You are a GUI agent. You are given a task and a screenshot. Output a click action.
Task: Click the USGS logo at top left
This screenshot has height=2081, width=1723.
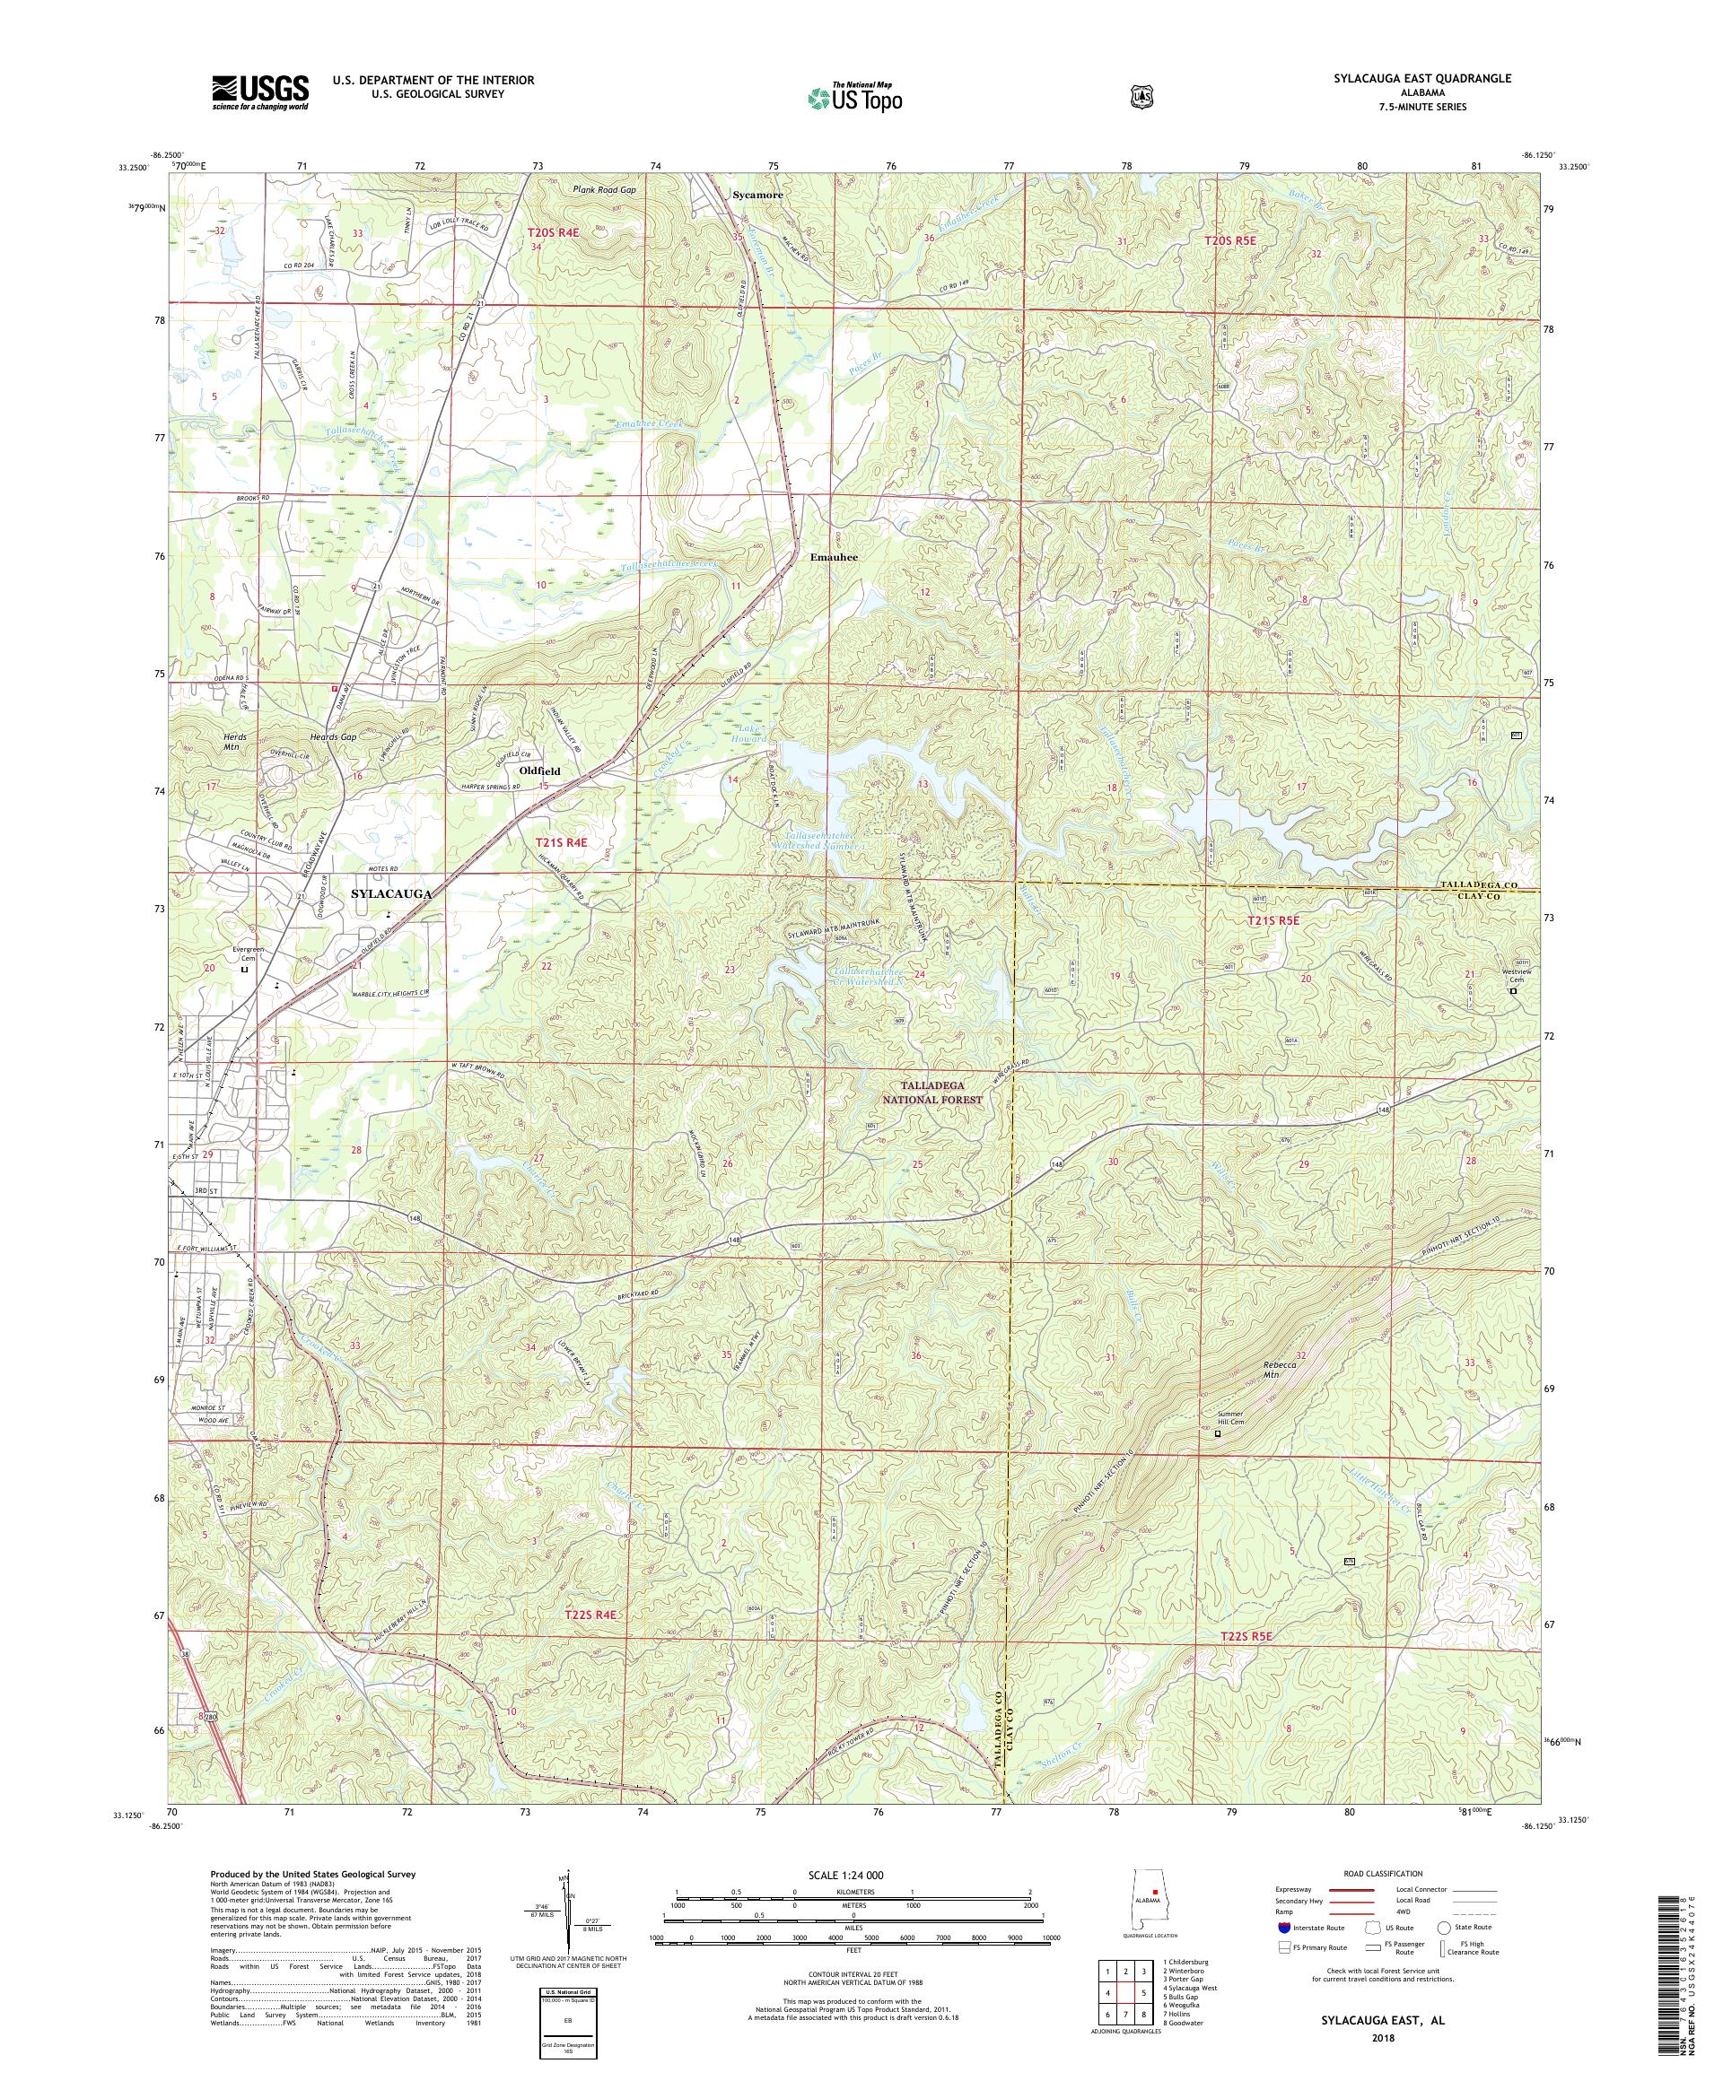(x=259, y=93)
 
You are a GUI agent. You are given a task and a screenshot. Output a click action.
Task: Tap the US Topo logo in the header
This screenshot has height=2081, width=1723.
(x=853, y=97)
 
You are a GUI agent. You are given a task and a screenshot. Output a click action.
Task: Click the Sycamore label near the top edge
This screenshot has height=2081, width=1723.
(x=757, y=196)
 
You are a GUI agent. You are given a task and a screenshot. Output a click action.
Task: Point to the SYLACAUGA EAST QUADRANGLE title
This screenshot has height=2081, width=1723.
(x=1429, y=77)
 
